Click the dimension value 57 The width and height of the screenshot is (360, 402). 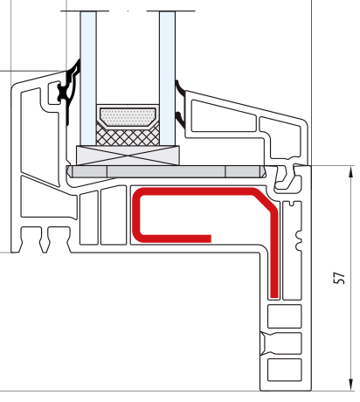(x=339, y=278)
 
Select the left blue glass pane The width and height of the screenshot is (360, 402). (x=88, y=78)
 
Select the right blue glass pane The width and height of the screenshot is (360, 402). (x=167, y=78)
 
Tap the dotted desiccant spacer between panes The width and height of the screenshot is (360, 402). (x=128, y=117)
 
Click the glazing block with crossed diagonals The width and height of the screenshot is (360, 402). (x=128, y=156)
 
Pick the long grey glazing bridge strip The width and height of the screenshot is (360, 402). (x=166, y=171)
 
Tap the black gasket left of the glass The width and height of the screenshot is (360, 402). (x=70, y=89)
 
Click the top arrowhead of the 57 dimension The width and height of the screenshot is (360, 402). (x=351, y=172)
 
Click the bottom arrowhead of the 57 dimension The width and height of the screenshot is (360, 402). (x=351, y=385)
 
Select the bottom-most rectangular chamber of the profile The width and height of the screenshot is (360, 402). (x=285, y=370)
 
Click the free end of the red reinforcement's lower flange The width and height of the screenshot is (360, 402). (x=211, y=239)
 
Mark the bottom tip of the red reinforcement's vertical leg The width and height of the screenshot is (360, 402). (x=274, y=297)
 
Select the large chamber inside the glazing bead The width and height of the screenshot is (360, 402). (x=223, y=115)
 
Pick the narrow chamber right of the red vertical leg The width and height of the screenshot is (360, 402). (x=292, y=251)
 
